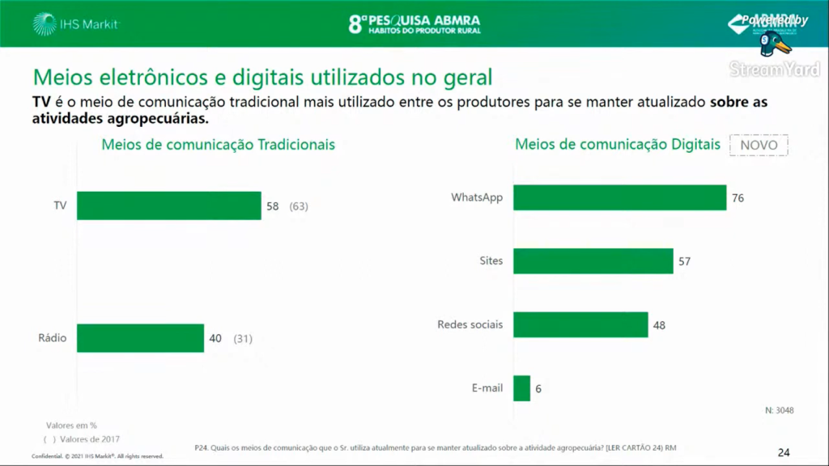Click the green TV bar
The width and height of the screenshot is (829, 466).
coord(169,206)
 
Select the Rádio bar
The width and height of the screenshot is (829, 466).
coord(141,338)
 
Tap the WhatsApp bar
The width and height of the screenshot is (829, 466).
coord(619,197)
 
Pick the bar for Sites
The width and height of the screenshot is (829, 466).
coord(593,261)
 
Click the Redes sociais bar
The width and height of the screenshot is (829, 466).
coord(580,324)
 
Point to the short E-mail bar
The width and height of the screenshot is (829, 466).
coord(521,388)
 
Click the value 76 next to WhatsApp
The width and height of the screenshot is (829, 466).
coord(737,198)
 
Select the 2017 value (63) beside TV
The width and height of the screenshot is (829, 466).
coord(299,206)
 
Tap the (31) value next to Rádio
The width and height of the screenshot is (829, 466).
coord(243,338)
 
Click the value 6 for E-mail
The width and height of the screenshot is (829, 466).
coord(538,388)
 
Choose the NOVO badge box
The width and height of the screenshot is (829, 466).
coord(759,145)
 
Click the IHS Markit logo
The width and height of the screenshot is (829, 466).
coord(77,24)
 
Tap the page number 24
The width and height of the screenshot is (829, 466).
coord(783,452)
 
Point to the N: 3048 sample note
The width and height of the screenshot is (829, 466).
coord(779,410)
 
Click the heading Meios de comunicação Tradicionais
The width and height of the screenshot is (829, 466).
coord(218,145)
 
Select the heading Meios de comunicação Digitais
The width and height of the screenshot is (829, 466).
coord(617,145)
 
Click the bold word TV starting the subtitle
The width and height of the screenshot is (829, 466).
coord(40,103)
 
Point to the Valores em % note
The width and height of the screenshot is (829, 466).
coord(71,425)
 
